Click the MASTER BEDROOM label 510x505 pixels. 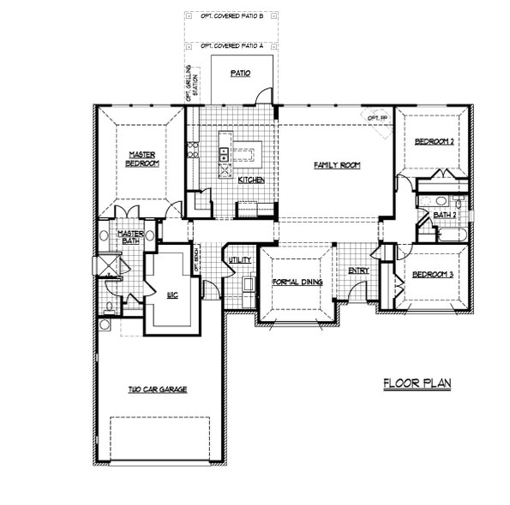[x=142, y=158]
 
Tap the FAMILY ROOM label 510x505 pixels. [x=336, y=164]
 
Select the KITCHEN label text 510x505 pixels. [x=250, y=181]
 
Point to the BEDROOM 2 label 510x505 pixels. [x=434, y=141]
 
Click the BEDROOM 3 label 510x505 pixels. [x=432, y=275]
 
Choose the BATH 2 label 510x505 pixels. [x=444, y=215]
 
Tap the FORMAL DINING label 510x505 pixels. [x=296, y=282]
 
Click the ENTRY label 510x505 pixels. [x=358, y=271]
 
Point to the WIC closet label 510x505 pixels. [x=172, y=294]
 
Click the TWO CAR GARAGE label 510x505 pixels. [x=158, y=389]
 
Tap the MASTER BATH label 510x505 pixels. [x=130, y=236]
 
